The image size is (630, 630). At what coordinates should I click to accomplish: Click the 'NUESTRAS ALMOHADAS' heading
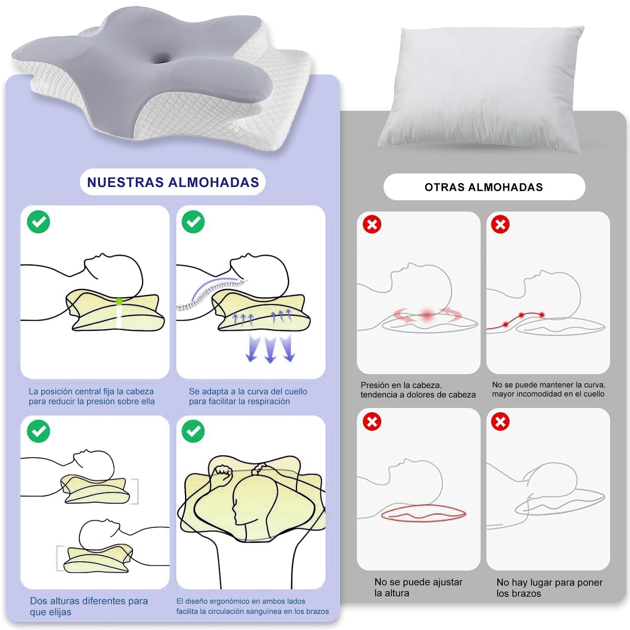tap(173, 182)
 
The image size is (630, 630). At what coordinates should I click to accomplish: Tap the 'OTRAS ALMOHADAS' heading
tap(484, 187)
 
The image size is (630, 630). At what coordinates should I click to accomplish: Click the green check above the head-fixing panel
tap(39, 222)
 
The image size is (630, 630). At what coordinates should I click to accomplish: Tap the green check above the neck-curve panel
tap(193, 222)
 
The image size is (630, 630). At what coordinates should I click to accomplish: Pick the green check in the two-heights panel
tap(39, 431)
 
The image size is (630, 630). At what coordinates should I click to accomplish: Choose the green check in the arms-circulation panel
tap(193, 431)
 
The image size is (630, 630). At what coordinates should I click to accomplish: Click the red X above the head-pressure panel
tap(372, 225)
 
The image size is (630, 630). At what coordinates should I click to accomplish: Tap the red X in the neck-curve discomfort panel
tap(500, 225)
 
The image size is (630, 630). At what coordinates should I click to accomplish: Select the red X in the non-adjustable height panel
tap(372, 422)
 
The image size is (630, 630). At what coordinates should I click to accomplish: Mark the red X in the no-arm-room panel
tap(500, 422)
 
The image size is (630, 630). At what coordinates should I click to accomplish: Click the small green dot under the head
tap(119, 301)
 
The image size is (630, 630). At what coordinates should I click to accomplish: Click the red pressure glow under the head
tap(427, 314)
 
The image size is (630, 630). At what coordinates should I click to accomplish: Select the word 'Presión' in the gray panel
tap(375, 385)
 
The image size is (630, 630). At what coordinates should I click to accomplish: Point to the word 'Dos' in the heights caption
tap(38, 601)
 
